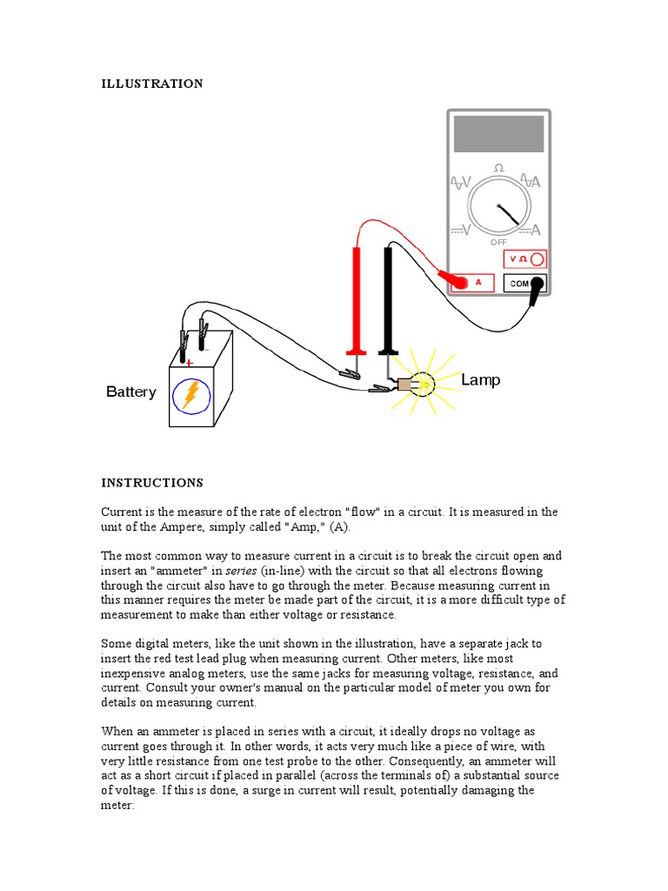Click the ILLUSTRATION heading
[x=152, y=84]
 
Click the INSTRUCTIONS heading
[x=152, y=482]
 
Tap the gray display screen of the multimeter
[x=498, y=133]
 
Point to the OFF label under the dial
[x=498, y=242]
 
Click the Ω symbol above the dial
[x=498, y=167]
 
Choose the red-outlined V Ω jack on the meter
[x=525, y=259]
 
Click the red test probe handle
[x=355, y=300]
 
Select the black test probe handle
[x=387, y=300]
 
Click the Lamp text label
[x=480, y=380]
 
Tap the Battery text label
[x=131, y=392]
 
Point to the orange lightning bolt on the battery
[x=190, y=394]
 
